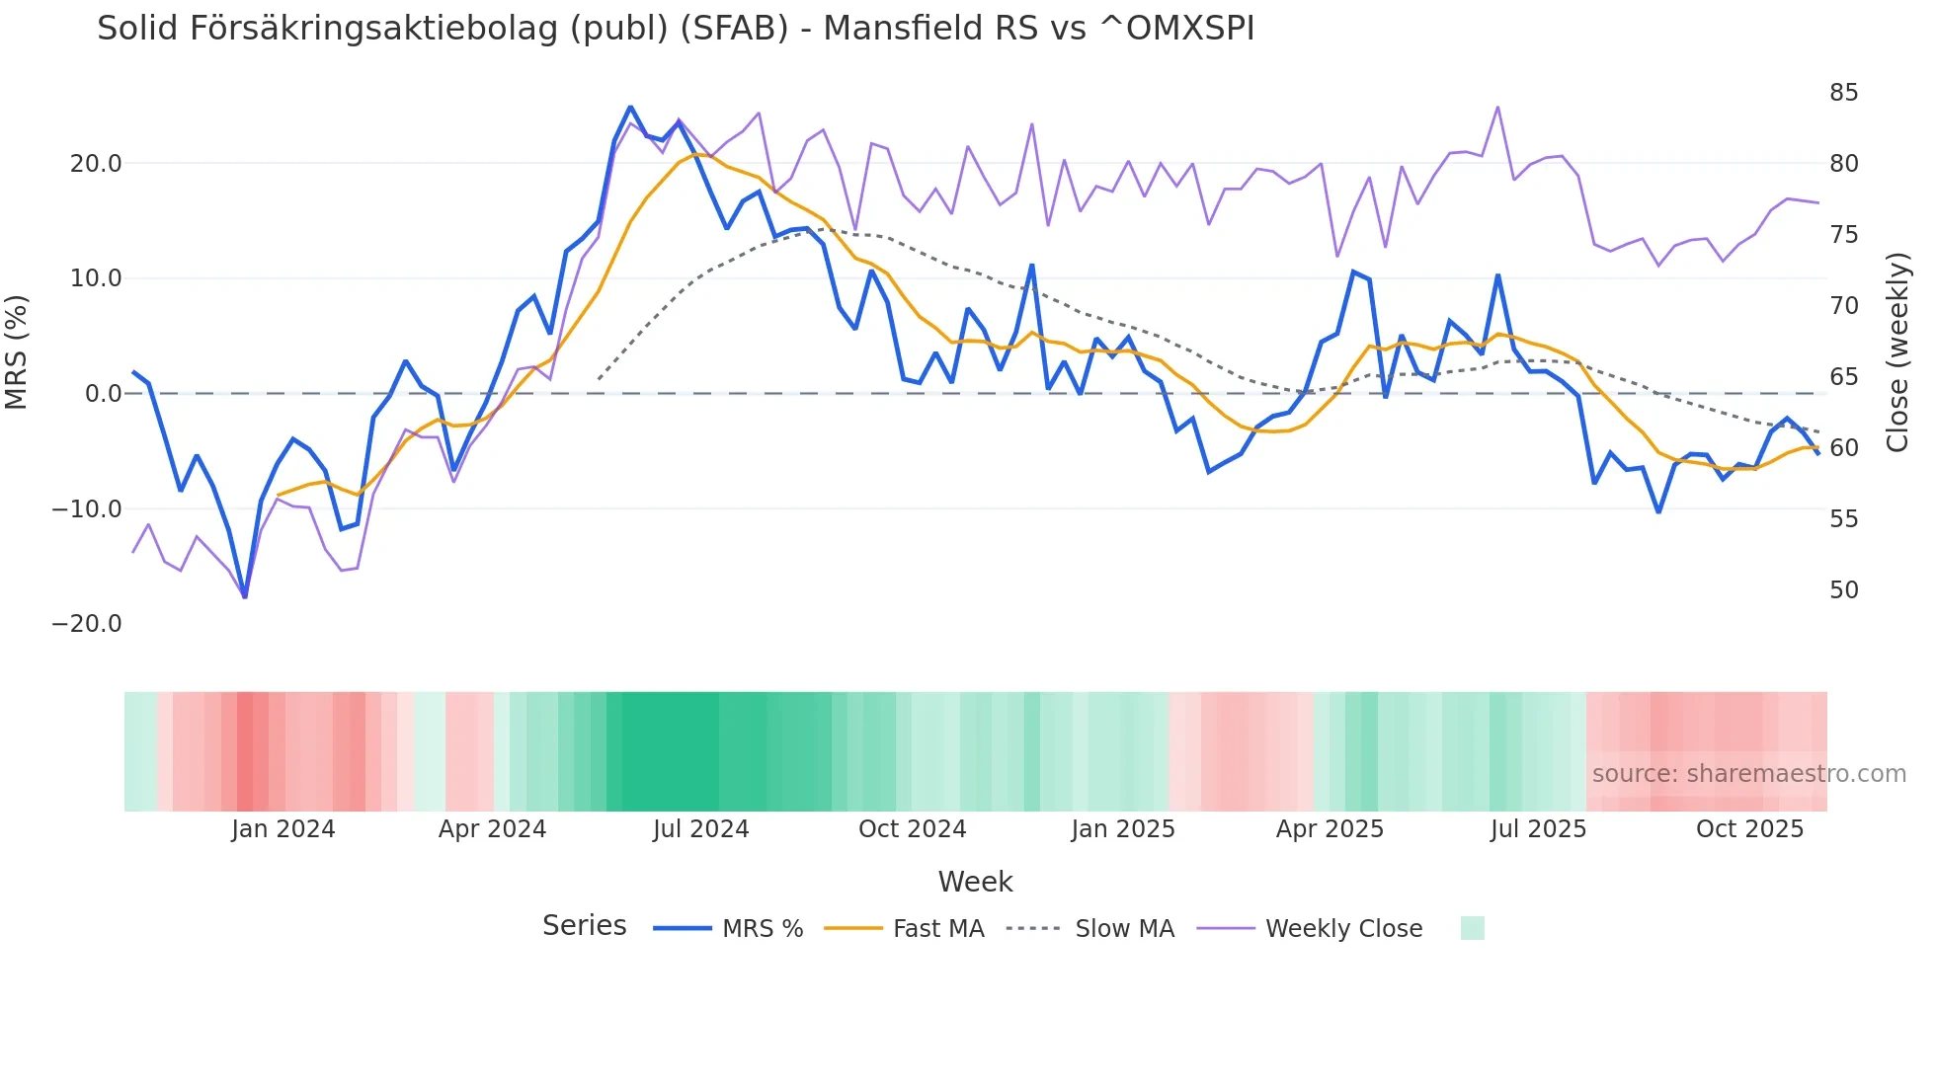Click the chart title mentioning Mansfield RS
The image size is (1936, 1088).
pyautogui.click(x=676, y=29)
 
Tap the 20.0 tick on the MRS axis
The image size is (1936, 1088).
pyautogui.click(x=96, y=164)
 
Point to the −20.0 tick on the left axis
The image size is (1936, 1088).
pyautogui.click(x=87, y=624)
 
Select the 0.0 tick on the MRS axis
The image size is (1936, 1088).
pyautogui.click(x=104, y=394)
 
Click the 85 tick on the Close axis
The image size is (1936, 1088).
pyautogui.click(x=1843, y=93)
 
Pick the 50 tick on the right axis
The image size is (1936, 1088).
pyautogui.click(x=1843, y=590)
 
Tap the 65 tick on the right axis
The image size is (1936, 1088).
pyautogui.click(x=1843, y=377)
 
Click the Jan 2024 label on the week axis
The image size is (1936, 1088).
pyautogui.click(x=283, y=829)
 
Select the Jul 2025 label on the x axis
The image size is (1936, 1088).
pyautogui.click(x=1538, y=829)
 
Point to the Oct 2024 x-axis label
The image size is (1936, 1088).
pyautogui.click(x=912, y=829)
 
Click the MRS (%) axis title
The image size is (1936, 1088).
pyautogui.click(x=17, y=351)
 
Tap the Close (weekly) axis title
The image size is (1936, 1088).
pyautogui.click(x=1897, y=351)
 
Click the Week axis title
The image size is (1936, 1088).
pyautogui.click(x=975, y=882)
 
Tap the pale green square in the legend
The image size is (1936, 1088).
pyautogui.click(x=1472, y=928)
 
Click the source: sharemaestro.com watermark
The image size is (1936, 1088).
pyautogui.click(x=1748, y=774)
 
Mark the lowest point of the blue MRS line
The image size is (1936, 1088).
pyautogui.click(x=245, y=595)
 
